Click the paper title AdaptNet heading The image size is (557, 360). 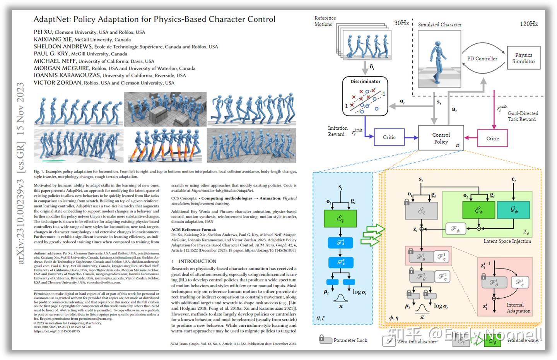point(154,19)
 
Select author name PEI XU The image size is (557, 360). point(43,32)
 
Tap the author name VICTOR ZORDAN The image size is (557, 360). point(58,82)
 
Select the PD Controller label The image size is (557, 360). point(482,58)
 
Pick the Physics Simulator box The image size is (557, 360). point(523,58)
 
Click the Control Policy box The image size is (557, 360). point(441,138)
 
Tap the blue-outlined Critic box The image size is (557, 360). point(389,137)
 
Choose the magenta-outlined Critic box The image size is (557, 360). point(492,138)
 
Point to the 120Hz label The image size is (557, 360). point(528,24)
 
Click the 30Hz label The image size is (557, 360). point(402,23)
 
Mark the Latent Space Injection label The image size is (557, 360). point(507,241)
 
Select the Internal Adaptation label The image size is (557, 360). point(518,308)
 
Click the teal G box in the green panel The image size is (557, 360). point(513,210)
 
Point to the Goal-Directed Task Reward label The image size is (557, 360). point(523,116)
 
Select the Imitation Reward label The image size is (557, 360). point(337,131)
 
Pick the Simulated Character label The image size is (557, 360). point(440,24)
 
